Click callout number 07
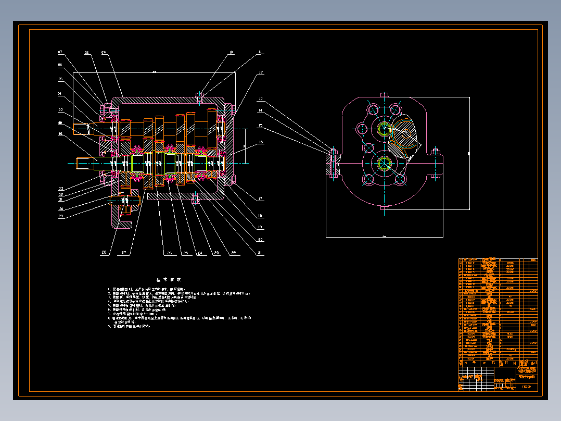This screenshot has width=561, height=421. tap(60, 52)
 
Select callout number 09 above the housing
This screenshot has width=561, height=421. tap(104, 52)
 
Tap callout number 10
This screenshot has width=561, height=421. tap(231, 52)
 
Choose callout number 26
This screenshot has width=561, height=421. tap(169, 253)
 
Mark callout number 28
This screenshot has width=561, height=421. tap(104, 253)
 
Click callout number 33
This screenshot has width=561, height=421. tap(60, 188)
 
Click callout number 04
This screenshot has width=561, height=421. tap(60, 94)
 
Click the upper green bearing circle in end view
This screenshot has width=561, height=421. tap(385, 129)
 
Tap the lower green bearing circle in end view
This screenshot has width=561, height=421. tap(385, 162)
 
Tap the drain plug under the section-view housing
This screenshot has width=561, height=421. tap(196, 199)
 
